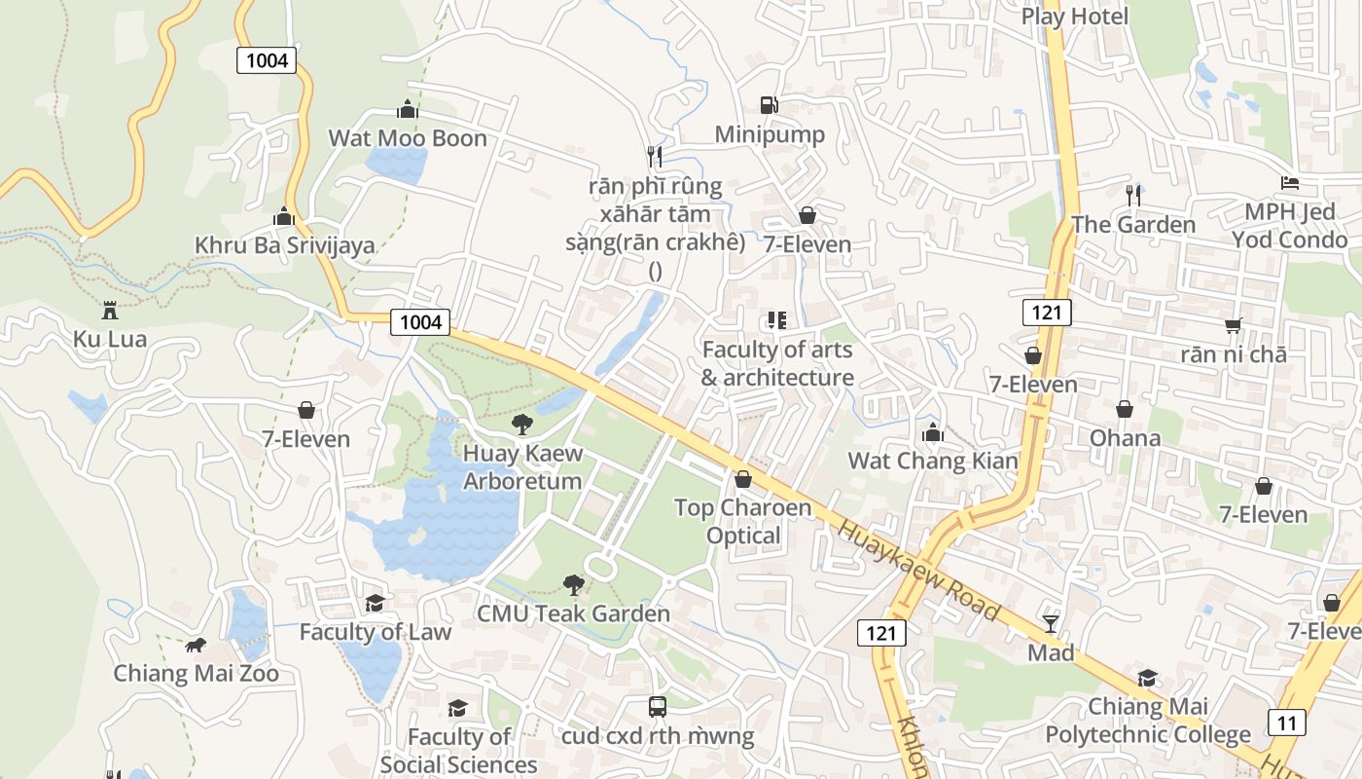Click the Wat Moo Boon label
(x=407, y=138)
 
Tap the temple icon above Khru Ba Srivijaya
(x=284, y=215)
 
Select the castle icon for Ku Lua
(x=109, y=311)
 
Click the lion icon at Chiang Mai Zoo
(x=196, y=645)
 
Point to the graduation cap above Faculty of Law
(x=375, y=603)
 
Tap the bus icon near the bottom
(x=658, y=707)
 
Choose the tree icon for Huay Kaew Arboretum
(x=522, y=424)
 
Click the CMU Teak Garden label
(x=573, y=613)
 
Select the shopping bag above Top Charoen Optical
(x=743, y=479)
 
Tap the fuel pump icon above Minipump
(x=769, y=105)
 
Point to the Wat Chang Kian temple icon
(x=933, y=431)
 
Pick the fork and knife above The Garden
(x=1132, y=195)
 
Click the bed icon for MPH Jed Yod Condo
(x=1290, y=183)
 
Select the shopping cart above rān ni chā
(x=1234, y=325)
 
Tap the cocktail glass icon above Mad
(x=1051, y=623)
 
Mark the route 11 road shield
(x=1286, y=723)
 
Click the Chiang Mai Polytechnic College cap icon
(x=1148, y=678)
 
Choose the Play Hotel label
(x=1074, y=17)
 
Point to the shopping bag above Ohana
(x=1125, y=409)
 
